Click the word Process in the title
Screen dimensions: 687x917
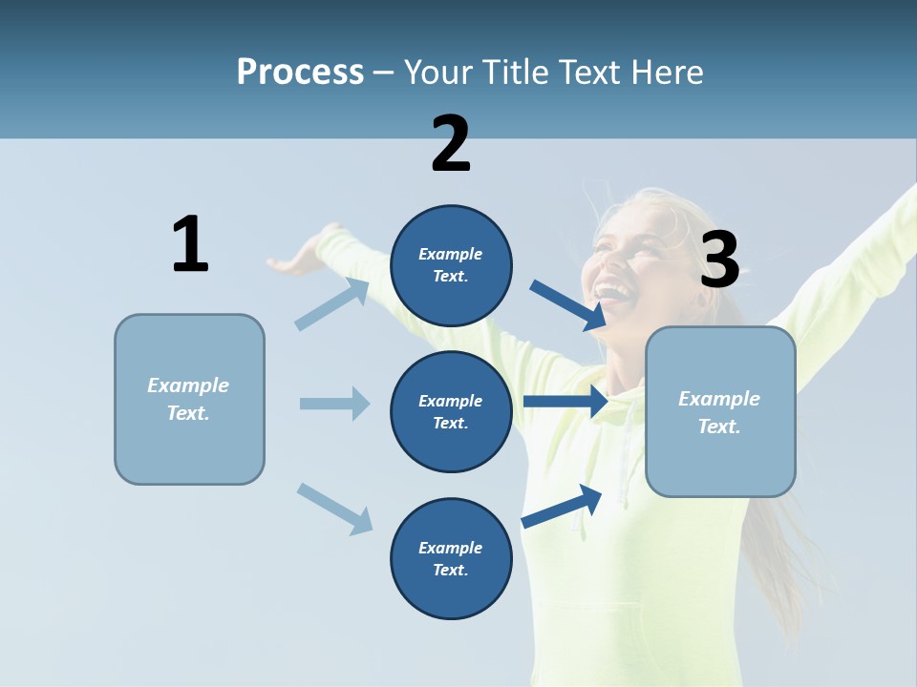300,72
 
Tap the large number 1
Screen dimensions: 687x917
190,244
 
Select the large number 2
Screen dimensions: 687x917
451,144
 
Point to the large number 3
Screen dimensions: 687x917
719,260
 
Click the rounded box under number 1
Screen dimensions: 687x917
189,399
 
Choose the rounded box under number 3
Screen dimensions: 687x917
720,411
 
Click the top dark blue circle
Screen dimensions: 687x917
451,265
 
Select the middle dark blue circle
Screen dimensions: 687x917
451,411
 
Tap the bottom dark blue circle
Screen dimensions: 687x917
451,558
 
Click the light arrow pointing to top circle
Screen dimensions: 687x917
332,303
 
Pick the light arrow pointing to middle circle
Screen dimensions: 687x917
334,404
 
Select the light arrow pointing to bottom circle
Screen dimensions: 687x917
334,509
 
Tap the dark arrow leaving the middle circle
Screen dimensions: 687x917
565,402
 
